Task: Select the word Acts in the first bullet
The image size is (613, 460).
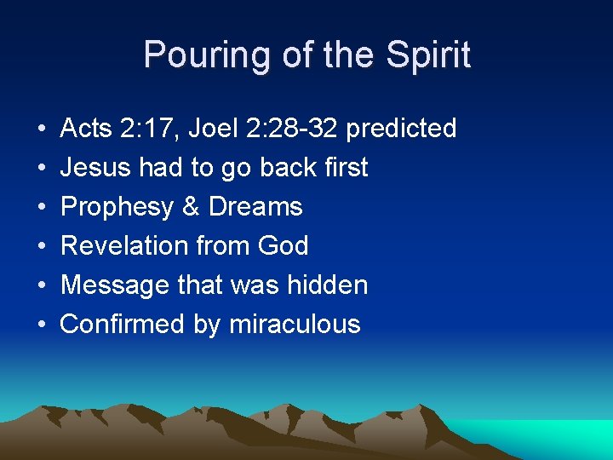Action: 85,129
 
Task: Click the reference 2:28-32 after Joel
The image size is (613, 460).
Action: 298,129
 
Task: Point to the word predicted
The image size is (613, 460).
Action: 402,129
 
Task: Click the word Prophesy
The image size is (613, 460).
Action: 114,207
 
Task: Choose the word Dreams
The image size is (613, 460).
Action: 255,207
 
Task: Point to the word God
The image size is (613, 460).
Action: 282,246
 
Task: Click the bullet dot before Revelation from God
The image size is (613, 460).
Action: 42,247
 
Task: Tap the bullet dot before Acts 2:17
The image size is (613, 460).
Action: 42,129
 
